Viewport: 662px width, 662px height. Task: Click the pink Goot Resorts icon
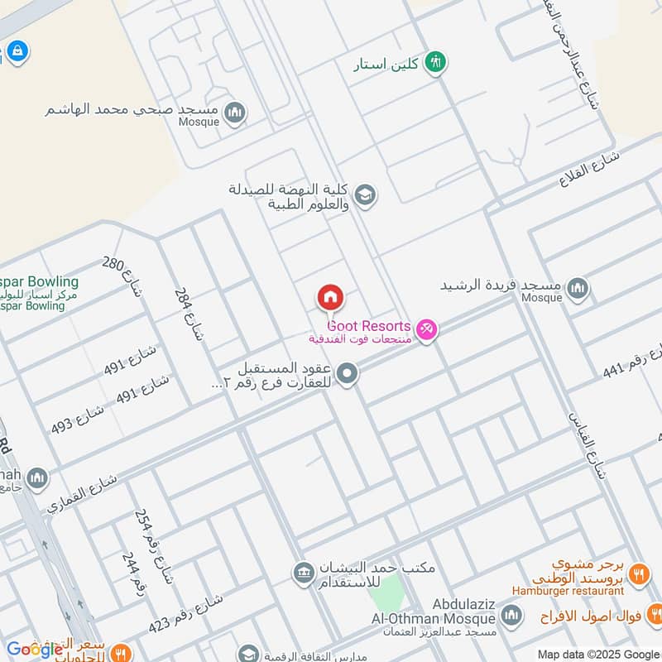pyautogui.click(x=427, y=330)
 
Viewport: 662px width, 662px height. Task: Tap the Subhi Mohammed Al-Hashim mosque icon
pyautogui.click(x=235, y=113)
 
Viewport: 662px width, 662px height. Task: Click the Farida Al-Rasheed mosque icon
pyautogui.click(x=578, y=288)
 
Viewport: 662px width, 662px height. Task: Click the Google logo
pyautogui.click(x=35, y=649)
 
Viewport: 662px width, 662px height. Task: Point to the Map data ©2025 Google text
pyautogui.click(x=597, y=653)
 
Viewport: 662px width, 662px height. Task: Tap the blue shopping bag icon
pyautogui.click(x=16, y=51)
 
